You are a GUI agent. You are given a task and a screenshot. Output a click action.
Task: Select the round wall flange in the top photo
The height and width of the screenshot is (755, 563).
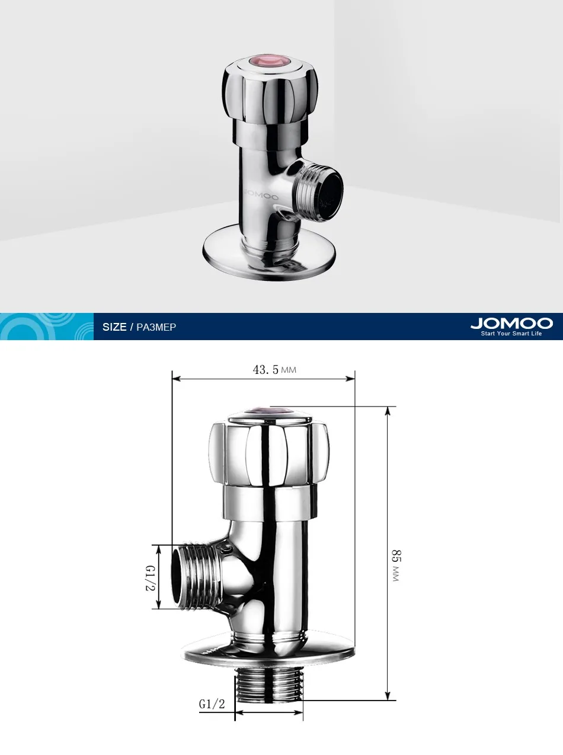tap(268, 254)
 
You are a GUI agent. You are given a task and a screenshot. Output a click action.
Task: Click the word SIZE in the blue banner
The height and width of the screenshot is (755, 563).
tap(114, 327)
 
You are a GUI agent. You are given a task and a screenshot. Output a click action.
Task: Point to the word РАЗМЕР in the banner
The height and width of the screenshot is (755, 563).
tap(156, 327)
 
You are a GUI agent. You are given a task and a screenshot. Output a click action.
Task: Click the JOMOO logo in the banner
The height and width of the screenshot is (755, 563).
tap(511, 324)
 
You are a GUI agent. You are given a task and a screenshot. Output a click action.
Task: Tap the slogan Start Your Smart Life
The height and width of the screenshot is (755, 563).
tap(511, 333)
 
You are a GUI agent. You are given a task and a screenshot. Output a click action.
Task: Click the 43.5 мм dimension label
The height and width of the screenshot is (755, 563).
tap(274, 370)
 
